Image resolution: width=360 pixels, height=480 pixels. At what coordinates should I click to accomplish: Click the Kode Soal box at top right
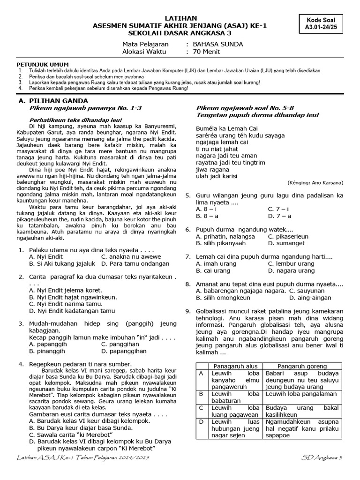pos(324,23)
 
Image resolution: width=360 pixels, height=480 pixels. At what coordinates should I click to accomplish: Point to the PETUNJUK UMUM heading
pos(43,64)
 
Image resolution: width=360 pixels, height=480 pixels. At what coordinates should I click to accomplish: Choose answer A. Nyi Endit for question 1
pos(46,257)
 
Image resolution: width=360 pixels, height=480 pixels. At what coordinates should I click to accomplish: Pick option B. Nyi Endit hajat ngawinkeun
pos(73,297)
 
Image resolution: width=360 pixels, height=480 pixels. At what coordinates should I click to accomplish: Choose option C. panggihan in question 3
pos(117,344)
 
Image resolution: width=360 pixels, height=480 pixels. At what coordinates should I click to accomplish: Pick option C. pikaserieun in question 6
pos(288,236)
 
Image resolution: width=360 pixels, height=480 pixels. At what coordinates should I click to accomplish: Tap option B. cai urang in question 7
pos(210,270)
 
